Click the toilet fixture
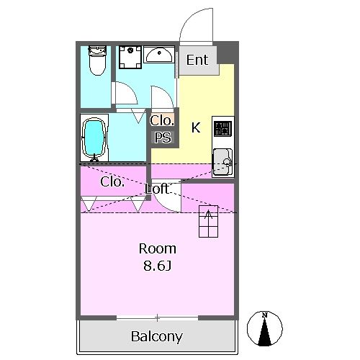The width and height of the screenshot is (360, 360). (97, 60)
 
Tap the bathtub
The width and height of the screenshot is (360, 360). (94, 138)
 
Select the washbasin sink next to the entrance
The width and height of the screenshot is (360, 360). (159, 55)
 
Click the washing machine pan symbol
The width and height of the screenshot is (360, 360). (130, 57)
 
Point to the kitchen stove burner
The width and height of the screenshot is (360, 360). (223, 129)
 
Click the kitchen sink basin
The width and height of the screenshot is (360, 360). (223, 162)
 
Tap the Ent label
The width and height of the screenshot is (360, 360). (197, 60)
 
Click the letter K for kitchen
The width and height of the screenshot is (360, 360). (196, 127)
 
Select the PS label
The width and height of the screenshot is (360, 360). (163, 138)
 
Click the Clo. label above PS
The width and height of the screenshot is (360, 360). (162, 120)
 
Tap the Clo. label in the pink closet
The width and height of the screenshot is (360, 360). (112, 182)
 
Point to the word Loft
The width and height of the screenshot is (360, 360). (157, 189)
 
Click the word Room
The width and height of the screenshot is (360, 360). (158, 249)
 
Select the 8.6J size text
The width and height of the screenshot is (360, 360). (158, 266)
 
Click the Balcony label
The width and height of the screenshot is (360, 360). (157, 336)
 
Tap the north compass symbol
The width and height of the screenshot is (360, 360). (265, 328)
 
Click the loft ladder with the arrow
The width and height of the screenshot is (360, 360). (209, 221)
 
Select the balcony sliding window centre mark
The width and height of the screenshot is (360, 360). (157, 318)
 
